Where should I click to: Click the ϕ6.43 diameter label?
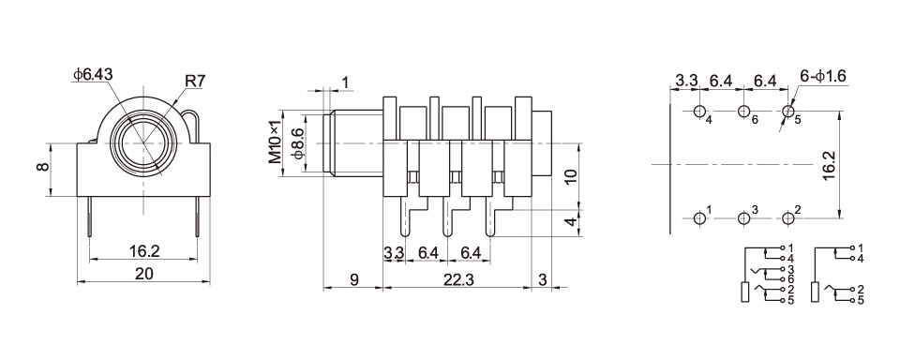point(93,75)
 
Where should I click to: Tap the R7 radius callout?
point(195,82)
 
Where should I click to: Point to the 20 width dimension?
point(143,274)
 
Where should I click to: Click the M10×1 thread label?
point(277,142)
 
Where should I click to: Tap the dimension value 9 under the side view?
point(354,279)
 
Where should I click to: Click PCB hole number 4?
point(700,112)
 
